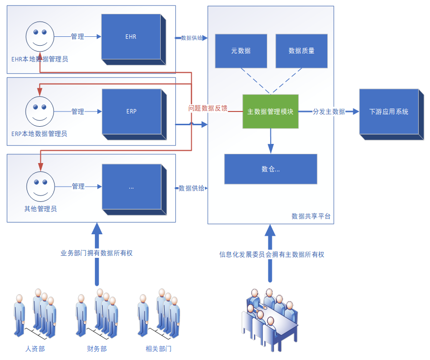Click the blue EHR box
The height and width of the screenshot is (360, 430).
coord(131,37)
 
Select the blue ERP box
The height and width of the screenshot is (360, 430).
coord(131,111)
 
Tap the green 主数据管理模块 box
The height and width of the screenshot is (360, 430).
coord(270,111)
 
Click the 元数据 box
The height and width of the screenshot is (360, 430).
coord(241,51)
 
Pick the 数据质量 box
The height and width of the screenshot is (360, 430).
coord(301,51)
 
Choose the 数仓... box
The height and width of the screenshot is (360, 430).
coord(270,169)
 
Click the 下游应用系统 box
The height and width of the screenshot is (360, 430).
coord(389,112)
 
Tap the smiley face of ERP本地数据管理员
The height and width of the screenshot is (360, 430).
coord(40,111)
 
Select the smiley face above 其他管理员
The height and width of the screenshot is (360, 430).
coord(40,186)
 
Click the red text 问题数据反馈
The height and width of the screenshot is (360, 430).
coord(208,108)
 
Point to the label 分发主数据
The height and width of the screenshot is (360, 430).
coord(329,111)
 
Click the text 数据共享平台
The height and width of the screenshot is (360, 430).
coord(311,216)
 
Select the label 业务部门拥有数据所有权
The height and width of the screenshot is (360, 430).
coord(96,253)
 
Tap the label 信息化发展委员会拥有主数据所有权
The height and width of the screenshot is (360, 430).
coord(272,254)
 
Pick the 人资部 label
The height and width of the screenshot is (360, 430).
coord(35,349)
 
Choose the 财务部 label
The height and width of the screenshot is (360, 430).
coord(97,349)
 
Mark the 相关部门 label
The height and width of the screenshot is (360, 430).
coord(159,349)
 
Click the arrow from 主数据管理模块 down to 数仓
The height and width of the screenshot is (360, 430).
coord(270,140)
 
